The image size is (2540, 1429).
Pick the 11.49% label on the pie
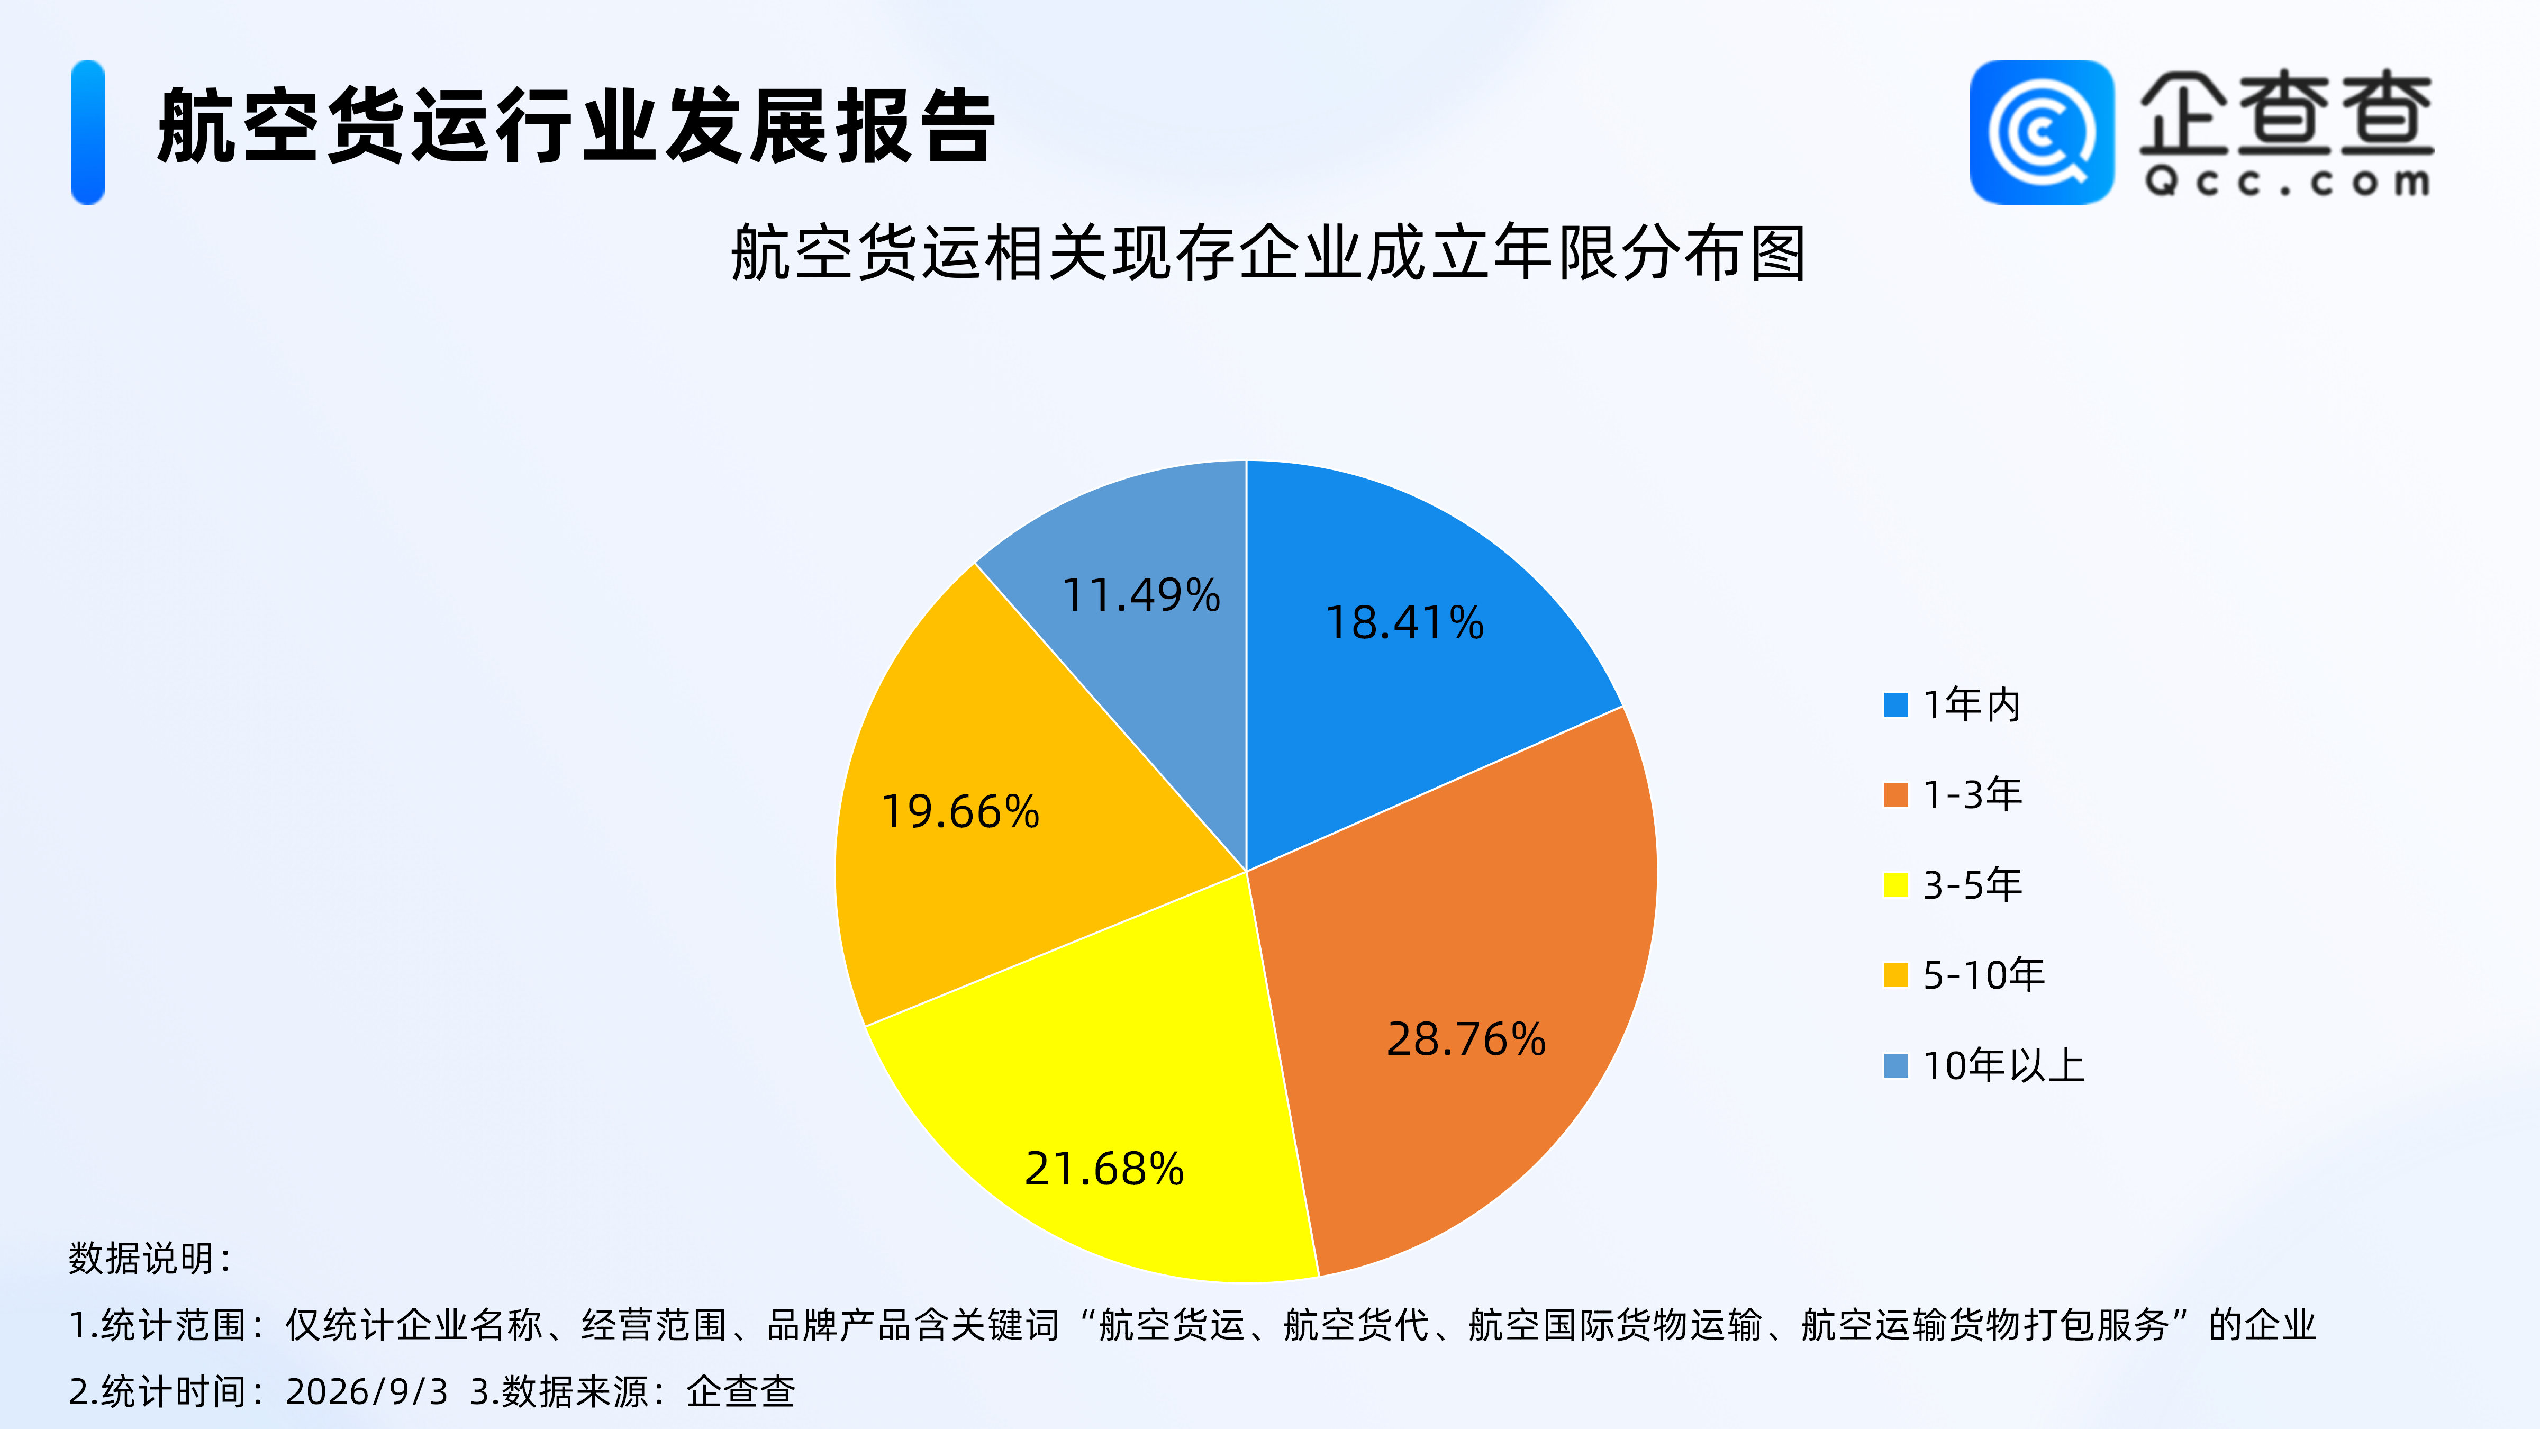(1141, 595)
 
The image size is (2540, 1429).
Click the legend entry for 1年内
(1952, 705)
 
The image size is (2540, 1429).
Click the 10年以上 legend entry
(1984, 1065)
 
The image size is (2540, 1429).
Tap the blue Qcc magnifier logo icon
(2042, 132)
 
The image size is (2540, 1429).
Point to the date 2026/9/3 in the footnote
(367, 1391)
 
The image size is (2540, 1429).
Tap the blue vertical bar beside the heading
(88, 132)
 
